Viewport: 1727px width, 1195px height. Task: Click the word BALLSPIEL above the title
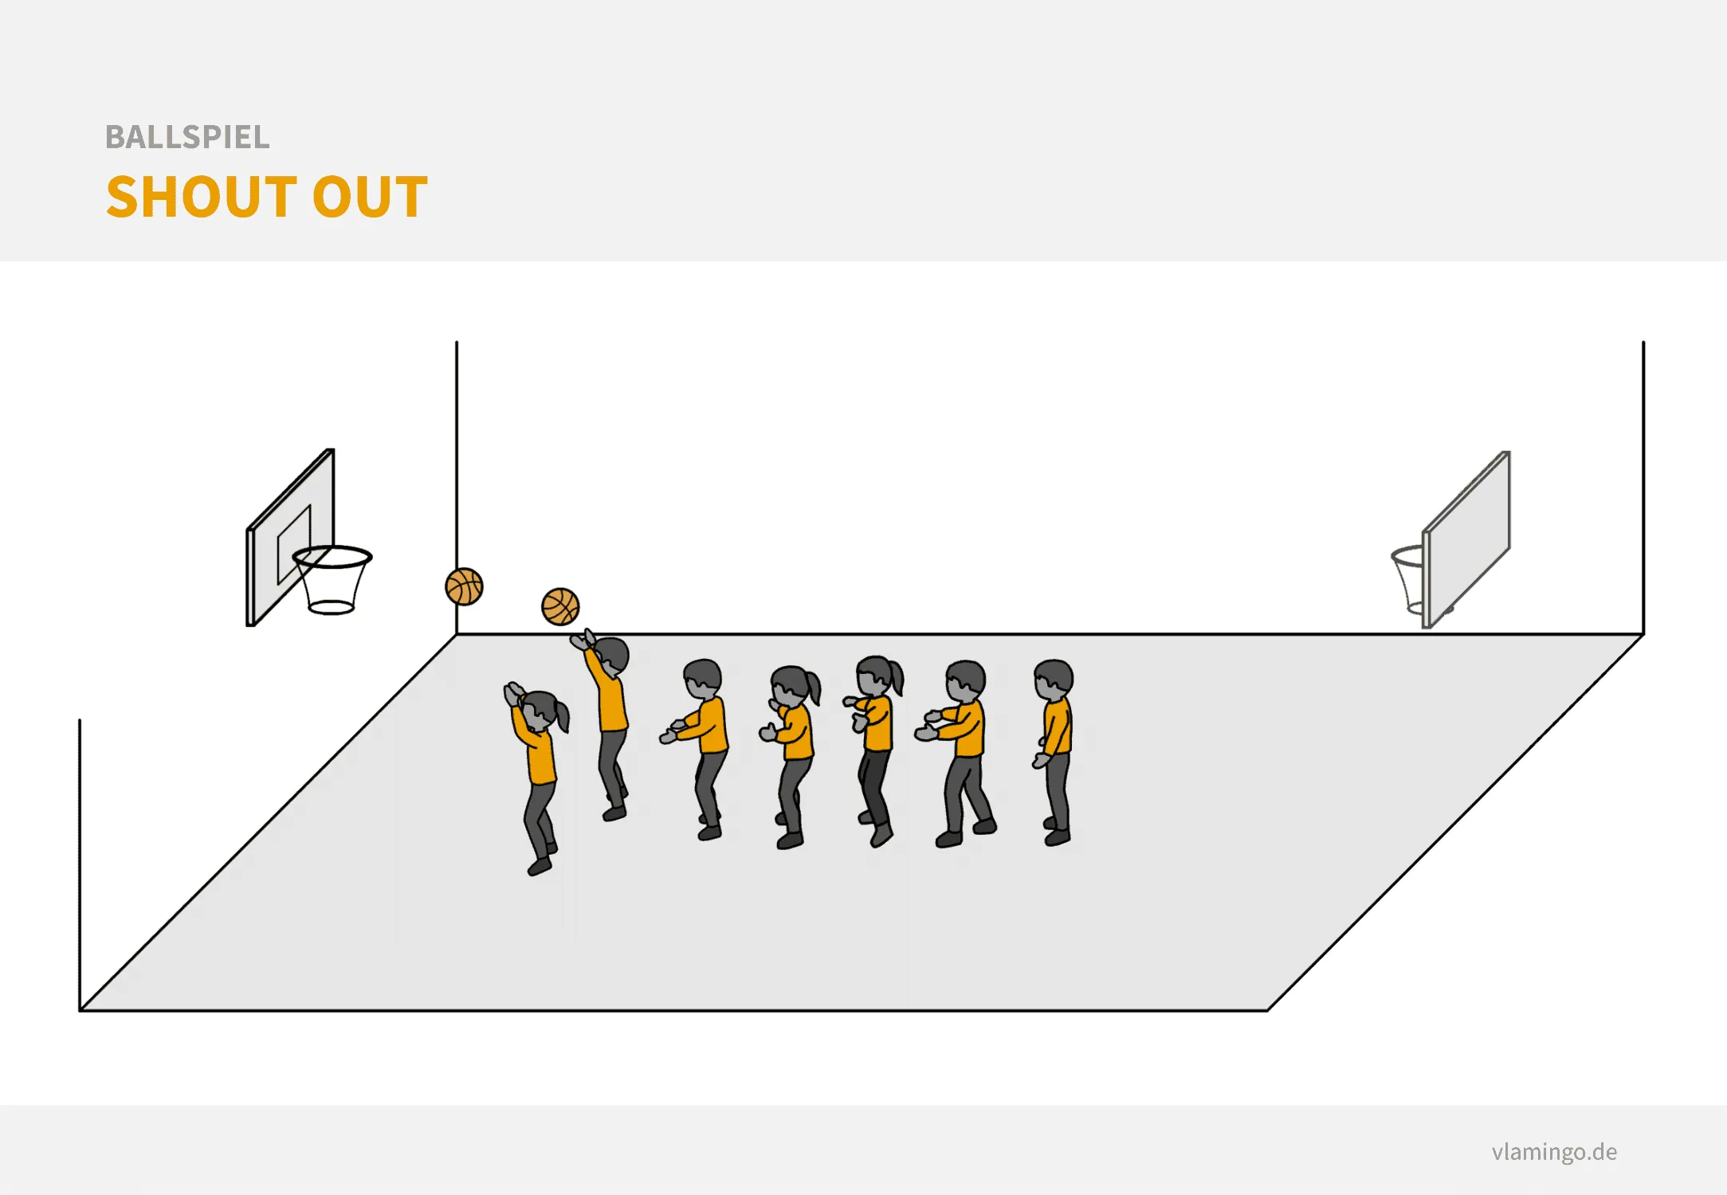[187, 137]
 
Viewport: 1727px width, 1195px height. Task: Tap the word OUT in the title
[370, 197]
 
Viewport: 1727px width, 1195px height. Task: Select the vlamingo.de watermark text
[1554, 1151]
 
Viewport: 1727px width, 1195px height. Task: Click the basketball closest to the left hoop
[464, 586]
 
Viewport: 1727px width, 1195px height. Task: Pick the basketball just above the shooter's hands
[560, 606]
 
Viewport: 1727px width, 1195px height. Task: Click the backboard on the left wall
[290, 538]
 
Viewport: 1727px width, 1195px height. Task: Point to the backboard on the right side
[1466, 539]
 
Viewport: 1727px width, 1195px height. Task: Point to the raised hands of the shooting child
[582, 640]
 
